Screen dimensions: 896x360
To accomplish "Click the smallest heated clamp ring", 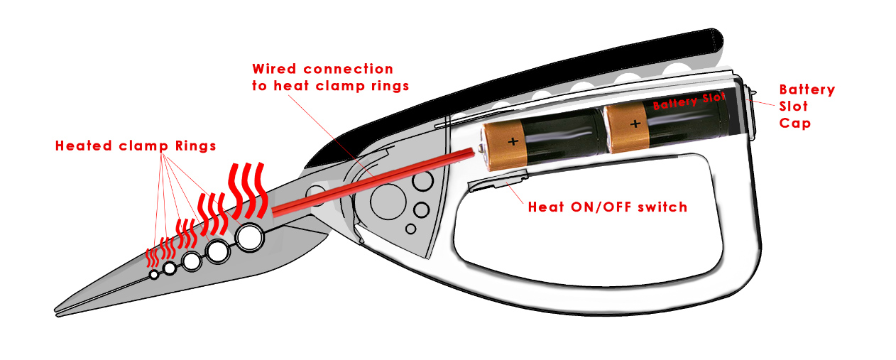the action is coord(153,275).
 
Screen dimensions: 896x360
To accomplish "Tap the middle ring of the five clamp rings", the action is coord(191,261).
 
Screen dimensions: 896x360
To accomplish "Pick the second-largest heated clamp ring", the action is coord(218,250).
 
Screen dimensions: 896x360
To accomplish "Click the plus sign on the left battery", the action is coord(513,141).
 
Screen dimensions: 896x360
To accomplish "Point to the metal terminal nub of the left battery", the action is coord(481,148).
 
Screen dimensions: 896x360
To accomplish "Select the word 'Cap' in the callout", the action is coord(794,123).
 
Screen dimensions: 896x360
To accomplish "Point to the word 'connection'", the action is coord(349,70).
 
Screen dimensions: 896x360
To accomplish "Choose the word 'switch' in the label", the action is coord(662,207).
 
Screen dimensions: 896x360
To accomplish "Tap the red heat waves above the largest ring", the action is coord(248,190).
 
